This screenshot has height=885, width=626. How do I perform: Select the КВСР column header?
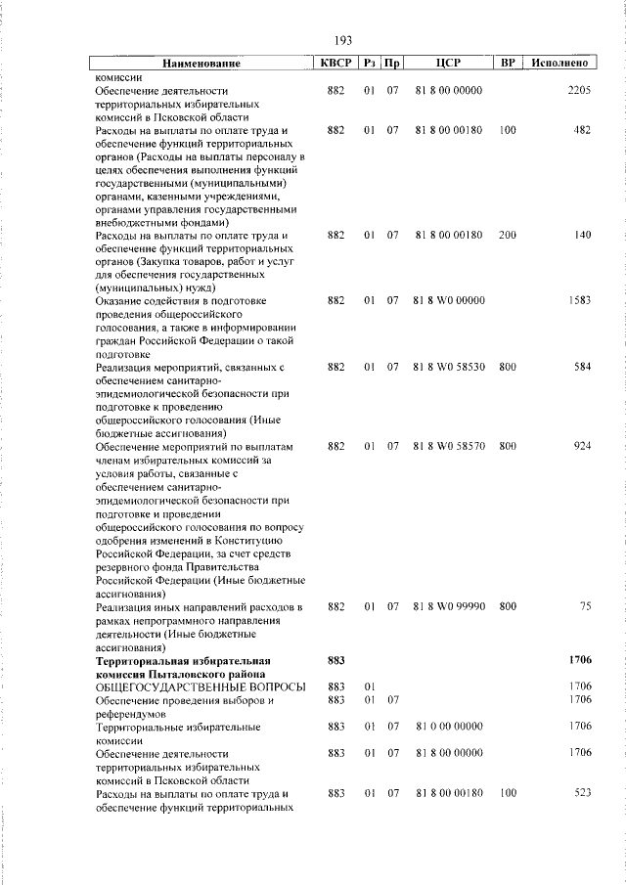click(x=335, y=64)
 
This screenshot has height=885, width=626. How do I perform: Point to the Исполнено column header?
click(x=558, y=64)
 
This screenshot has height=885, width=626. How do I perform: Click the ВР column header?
click(x=507, y=64)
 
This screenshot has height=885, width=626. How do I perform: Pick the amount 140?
click(x=582, y=236)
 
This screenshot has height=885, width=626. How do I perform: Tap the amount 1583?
click(x=578, y=301)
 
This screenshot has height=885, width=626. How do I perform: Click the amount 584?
click(x=582, y=368)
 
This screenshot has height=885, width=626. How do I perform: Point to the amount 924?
click(x=582, y=447)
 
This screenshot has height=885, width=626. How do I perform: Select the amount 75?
click(x=585, y=607)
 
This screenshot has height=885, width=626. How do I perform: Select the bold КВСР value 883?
click(x=335, y=661)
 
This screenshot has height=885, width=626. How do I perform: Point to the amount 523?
click(x=582, y=793)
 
